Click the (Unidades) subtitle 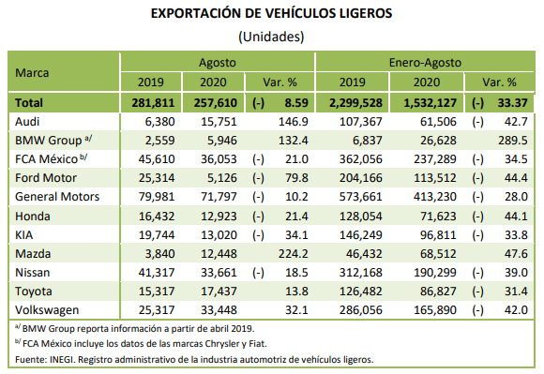pyautogui.click(x=271, y=37)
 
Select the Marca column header pyautogui.click(x=32, y=73)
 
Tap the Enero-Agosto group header pyautogui.click(x=425, y=63)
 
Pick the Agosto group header pyautogui.click(x=218, y=63)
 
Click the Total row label pyautogui.click(x=29, y=103)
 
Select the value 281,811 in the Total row pyautogui.click(x=153, y=103)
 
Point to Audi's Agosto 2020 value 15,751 pyautogui.click(x=219, y=122)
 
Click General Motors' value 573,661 pyautogui.click(x=360, y=197)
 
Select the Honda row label pyautogui.click(x=33, y=217)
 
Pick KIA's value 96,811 pyautogui.click(x=438, y=235)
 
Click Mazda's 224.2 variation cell pyautogui.click(x=293, y=254)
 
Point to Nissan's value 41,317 pyautogui.click(x=157, y=273)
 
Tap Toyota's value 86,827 pyautogui.click(x=438, y=292)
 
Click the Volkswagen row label pyautogui.click(x=47, y=310)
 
